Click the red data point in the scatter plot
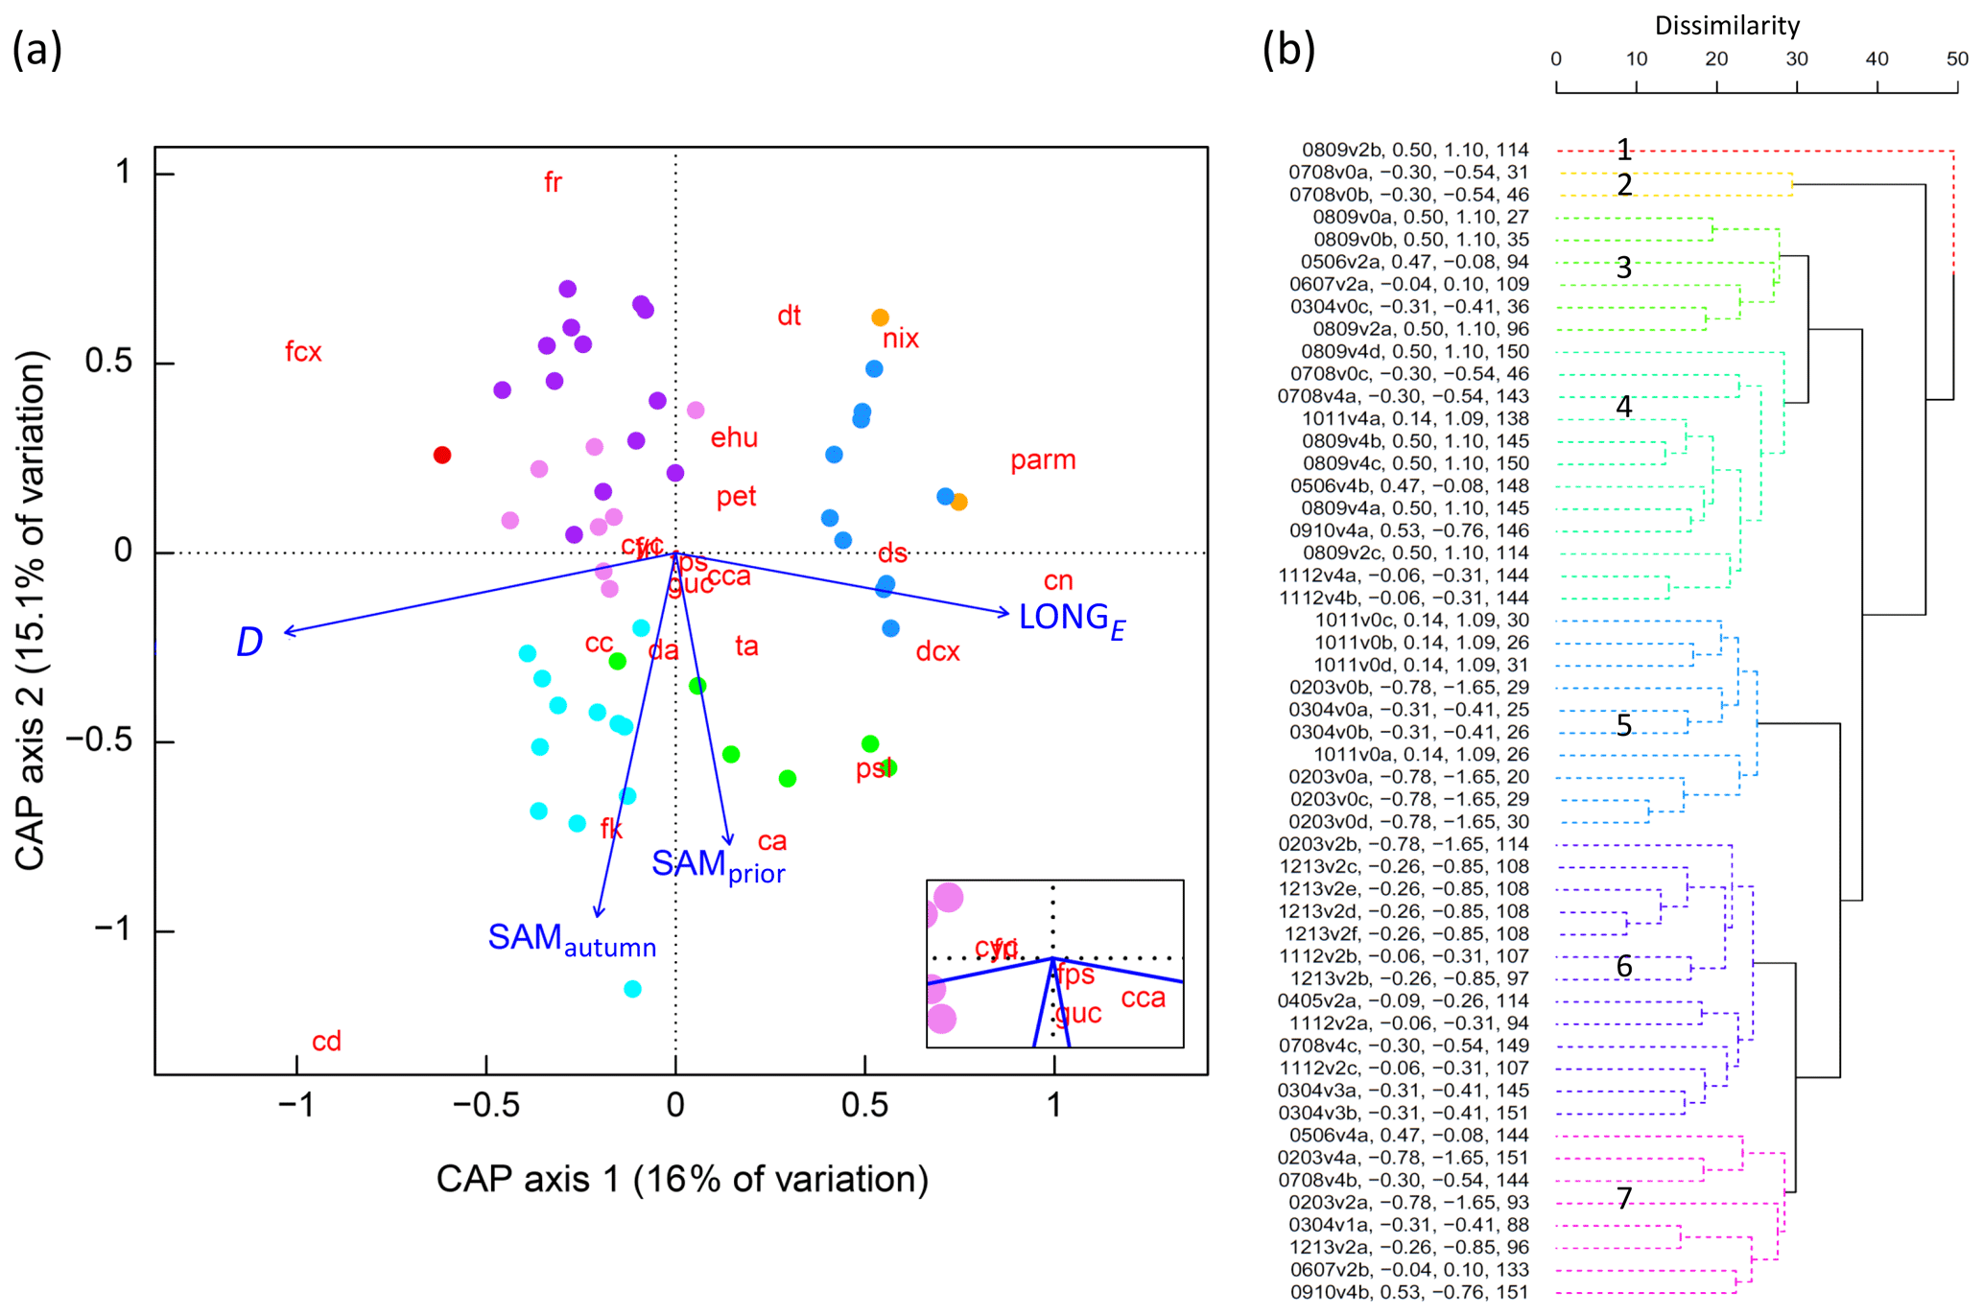441,455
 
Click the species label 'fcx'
303,352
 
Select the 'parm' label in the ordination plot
1043,460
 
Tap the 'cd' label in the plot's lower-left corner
326,1042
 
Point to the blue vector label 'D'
248,642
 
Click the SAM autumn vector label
572,940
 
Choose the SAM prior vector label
718,865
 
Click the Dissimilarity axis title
1727,25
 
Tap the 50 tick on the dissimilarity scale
1957,59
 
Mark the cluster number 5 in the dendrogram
1623,725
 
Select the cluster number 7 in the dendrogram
1623,1197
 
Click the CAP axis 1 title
682,1179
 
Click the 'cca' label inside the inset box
1143,999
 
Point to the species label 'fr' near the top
553,182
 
